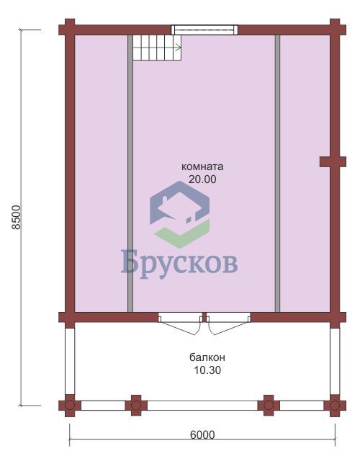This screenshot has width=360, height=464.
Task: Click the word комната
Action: [x=202, y=166]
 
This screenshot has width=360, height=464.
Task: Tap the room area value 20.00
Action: [x=202, y=179]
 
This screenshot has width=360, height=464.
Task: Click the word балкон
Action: [x=207, y=357]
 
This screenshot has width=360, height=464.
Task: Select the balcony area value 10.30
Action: [x=207, y=370]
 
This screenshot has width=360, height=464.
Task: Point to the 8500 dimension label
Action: [x=16, y=217]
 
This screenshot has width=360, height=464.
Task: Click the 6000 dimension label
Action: [x=202, y=434]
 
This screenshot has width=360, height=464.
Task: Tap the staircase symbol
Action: [x=157, y=48]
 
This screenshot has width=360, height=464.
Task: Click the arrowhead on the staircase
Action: [x=179, y=47]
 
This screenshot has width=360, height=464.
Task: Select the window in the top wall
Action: [x=204, y=30]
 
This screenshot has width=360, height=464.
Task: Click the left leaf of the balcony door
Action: [x=180, y=324]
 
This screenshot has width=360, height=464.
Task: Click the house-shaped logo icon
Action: [x=180, y=214]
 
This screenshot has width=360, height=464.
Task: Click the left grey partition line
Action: [x=130, y=174]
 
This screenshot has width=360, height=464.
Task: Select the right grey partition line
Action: [x=277, y=174]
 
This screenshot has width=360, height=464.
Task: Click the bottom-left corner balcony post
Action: [x=70, y=406]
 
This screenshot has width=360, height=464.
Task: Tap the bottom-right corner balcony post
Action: [x=335, y=406]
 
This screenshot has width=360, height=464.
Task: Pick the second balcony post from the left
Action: [x=136, y=406]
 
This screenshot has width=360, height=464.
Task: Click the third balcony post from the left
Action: [x=269, y=406]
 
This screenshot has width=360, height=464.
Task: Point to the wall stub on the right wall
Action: [x=333, y=162]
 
